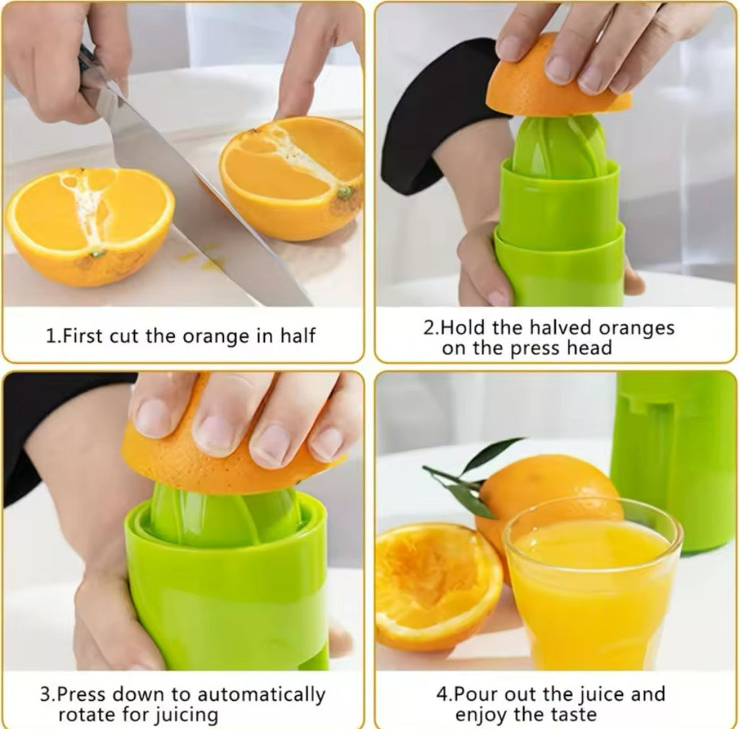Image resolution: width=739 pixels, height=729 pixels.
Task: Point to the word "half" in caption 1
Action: click(x=296, y=336)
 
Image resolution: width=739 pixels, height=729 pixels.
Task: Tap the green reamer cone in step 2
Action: click(x=560, y=147)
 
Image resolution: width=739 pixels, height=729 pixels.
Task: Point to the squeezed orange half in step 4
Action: click(x=437, y=585)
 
